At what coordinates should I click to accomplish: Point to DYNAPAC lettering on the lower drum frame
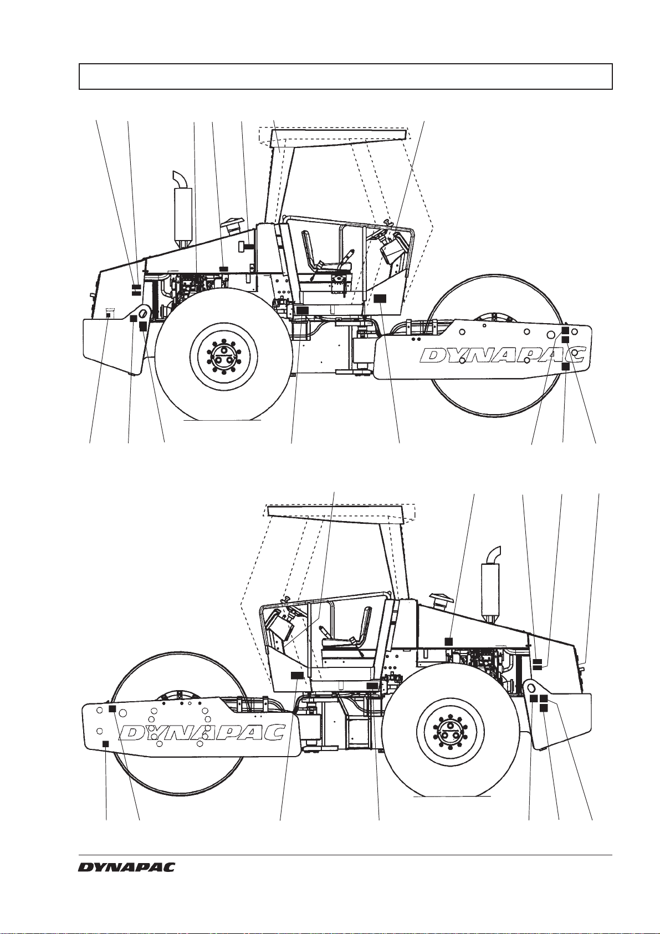point(202,732)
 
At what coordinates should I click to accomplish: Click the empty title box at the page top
point(345,76)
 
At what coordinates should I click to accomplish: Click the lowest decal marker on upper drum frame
point(565,366)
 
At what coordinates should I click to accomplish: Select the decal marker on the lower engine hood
point(449,641)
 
